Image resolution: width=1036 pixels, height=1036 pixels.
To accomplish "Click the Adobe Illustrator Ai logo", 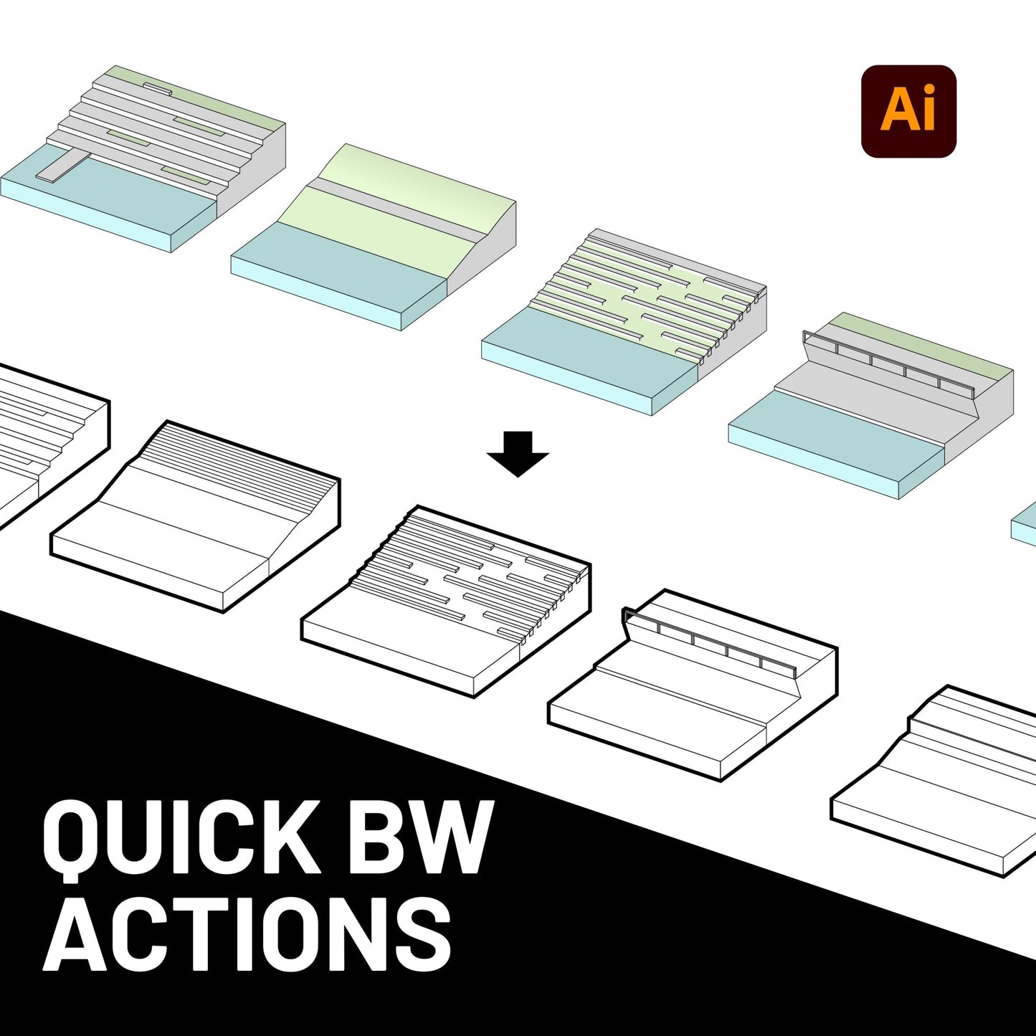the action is click(x=908, y=111).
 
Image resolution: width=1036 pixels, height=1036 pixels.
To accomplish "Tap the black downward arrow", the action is click(x=518, y=454).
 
